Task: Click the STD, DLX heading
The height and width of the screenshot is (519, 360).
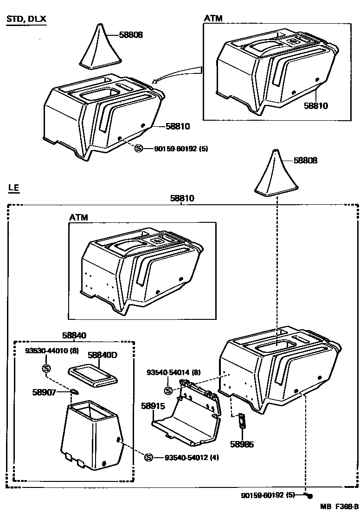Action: click(x=26, y=19)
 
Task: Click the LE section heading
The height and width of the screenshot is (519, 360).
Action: click(x=13, y=188)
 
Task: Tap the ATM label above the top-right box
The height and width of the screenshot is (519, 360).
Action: click(x=213, y=19)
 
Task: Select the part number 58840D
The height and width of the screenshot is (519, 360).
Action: click(x=103, y=355)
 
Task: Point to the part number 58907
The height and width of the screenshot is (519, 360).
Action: click(x=44, y=392)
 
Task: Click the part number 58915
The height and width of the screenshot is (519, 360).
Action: click(x=153, y=406)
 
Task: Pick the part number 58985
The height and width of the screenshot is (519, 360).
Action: click(x=242, y=444)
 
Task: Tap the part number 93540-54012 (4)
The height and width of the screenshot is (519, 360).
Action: click(x=192, y=457)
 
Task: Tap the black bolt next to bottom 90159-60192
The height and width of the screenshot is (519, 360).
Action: click(x=310, y=496)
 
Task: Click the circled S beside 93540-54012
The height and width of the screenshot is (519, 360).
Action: click(x=148, y=457)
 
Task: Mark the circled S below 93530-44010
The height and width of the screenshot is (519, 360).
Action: click(x=46, y=368)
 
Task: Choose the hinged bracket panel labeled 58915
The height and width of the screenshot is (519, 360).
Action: click(x=188, y=415)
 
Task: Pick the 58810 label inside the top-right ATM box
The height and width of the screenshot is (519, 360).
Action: click(x=315, y=106)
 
